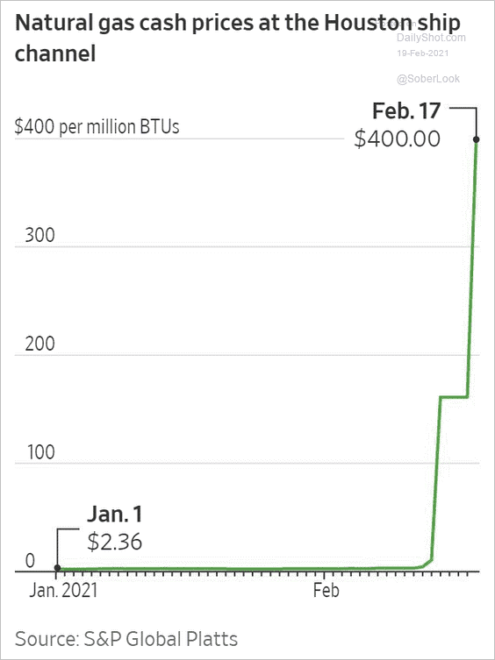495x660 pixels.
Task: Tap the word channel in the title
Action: tap(55, 53)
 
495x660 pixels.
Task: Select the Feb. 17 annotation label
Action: tap(406, 111)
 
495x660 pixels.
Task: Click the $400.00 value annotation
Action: tap(398, 138)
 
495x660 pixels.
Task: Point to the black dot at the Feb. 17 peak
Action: tap(477, 139)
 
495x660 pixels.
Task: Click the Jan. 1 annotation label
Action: tap(115, 515)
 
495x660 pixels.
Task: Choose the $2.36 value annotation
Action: tap(115, 542)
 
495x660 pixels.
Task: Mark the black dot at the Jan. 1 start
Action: tap(58, 568)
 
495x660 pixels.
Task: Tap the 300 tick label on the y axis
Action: tap(39, 235)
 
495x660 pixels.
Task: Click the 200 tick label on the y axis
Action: tap(39, 344)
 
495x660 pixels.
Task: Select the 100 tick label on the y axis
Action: tap(41, 452)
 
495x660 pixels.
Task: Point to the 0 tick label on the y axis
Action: tap(30, 561)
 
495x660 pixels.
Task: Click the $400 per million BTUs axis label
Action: tap(97, 127)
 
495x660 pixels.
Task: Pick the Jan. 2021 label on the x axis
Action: tap(63, 590)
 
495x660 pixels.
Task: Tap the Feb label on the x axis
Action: tap(326, 590)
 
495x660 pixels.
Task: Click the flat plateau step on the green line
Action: tap(454, 396)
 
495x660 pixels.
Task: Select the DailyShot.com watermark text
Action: tap(431, 38)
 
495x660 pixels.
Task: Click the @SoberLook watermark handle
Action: tap(428, 79)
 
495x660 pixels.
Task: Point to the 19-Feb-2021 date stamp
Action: tap(423, 53)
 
